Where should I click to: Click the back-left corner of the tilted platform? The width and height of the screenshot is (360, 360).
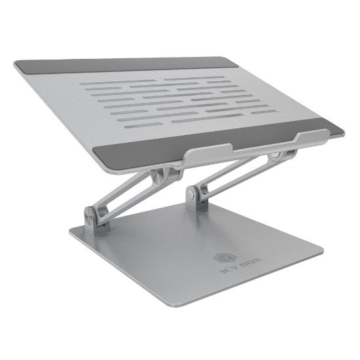[14, 64]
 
